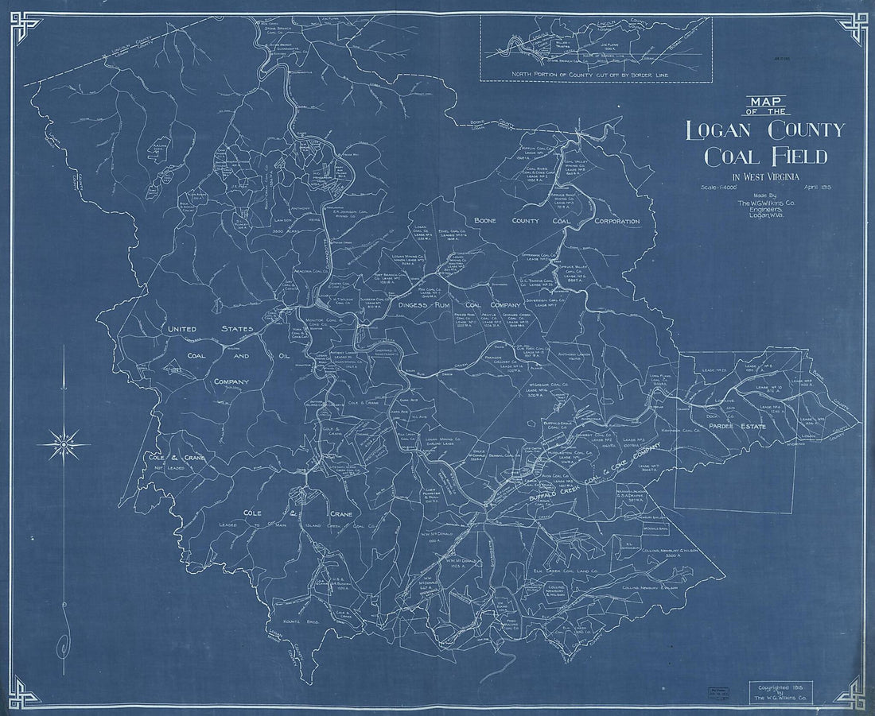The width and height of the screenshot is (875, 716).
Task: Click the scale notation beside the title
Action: click(714, 188)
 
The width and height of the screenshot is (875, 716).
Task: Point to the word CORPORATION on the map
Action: click(616, 221)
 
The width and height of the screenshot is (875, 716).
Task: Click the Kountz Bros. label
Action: click(294, 621)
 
